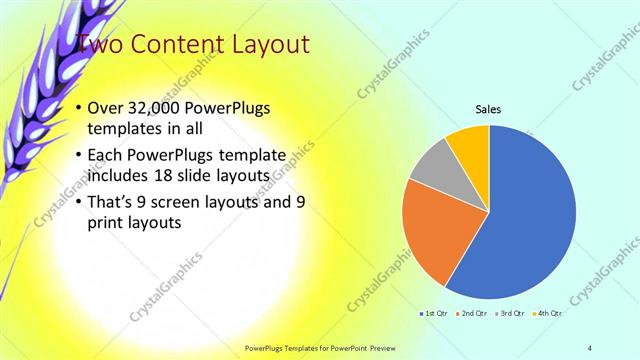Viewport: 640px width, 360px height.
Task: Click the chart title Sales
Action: click(x=488, y=109)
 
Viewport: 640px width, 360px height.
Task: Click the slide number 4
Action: click(x=590, y=347)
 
